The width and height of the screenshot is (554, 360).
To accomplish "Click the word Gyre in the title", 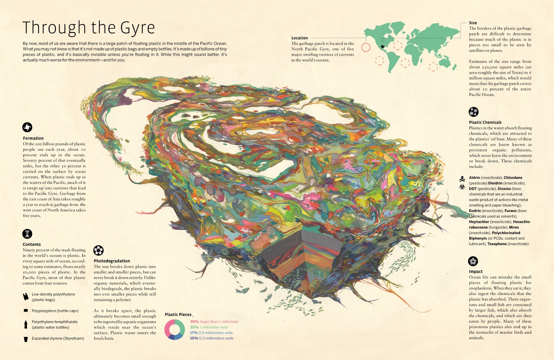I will click(137, 28).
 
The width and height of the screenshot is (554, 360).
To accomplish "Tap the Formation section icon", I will click(27, 127).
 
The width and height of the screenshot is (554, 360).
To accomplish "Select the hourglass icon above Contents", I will click(27, 234).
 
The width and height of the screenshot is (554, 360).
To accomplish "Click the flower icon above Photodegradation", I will click(99, 250).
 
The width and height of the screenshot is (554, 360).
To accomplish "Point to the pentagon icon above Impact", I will click(473, 261).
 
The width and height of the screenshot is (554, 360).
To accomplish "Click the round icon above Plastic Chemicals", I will click(473, 112).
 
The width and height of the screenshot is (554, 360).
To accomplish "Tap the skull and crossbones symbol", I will click(462, 179).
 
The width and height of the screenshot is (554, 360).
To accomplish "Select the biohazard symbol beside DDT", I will click(462, 187).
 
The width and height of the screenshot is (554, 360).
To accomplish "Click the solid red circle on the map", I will click(366, 47).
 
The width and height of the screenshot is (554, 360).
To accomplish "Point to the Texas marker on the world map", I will click(383, 46).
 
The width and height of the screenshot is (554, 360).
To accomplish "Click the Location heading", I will click(300, 38).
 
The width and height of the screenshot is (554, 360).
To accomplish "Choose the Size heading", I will click(473, 23).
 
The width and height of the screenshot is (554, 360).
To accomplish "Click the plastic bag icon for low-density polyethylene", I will click(26, 297).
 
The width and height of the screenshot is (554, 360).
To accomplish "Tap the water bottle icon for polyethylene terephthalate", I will click(26, 324).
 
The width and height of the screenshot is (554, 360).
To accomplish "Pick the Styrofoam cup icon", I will click(26, 339).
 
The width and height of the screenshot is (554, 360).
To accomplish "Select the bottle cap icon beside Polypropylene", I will click(26, 310).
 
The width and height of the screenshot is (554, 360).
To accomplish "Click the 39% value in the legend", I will click(194, 322).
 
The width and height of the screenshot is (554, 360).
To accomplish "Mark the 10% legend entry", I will click(194, 338).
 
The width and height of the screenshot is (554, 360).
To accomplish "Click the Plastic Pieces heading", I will click(178, 315).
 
